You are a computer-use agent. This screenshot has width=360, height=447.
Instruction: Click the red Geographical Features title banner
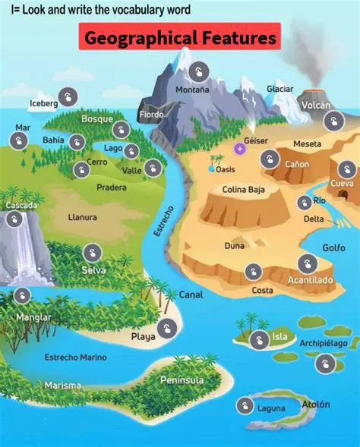pyautogui.click(x=180, y=36)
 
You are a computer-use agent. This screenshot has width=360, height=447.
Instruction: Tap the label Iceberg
pyautogui.click(x=43, y=103)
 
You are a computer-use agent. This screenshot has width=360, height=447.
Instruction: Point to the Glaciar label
pyautogui.click(x=279, y=89)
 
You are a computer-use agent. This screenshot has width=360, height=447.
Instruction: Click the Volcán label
pyautogui.click(x=315, y=105)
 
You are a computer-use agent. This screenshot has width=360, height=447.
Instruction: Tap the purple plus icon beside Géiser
pyautogui.click(x=240, y=148)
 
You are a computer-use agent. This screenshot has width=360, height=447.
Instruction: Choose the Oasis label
pyautogui.click(x=230, y=169)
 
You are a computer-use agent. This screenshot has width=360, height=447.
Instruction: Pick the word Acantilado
pyautogui.click(x=310, y=280)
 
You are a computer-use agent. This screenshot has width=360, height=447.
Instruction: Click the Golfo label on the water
pyautogui.click(x=333, y=247)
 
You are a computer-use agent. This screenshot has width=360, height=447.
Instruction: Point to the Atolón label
pyautogui.click(x=316, y=405)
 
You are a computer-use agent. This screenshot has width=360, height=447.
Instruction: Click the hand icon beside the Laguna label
pyautogui.click(x=245, y=406)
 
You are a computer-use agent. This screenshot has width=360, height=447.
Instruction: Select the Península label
pyautogui.click(x=182, y=379)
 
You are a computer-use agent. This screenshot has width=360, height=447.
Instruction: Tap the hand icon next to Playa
pyautogui.click(x=169, y=328)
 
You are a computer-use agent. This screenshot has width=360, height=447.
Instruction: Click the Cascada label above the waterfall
pyautogui.click(x=21, y=206)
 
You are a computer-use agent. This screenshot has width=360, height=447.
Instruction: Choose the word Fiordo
pyautogui.click(x=151, y=115)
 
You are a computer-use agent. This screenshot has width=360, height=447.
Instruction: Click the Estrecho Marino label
pyautogui.click(x=75, y=357)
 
